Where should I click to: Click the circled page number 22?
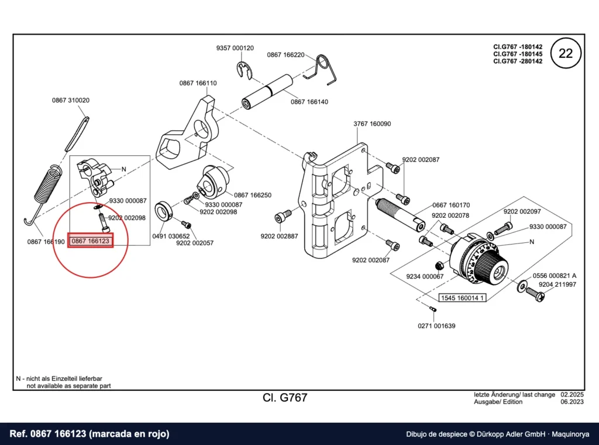(x=566, y=53)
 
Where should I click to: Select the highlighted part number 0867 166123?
(x=91, y=241)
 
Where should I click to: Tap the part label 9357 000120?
(x=235, y=48)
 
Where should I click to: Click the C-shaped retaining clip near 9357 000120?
(x=244, y=69)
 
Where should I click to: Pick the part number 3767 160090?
(x=372, y=124)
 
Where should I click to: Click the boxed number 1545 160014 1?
(x=462, y=298)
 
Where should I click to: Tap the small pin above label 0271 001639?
(x=433, y=308)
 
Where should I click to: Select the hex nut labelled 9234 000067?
(x=439, y=265)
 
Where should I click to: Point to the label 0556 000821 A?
(x=555, y=276)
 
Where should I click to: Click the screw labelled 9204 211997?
(x=535, y=294)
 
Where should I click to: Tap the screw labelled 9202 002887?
(x=283, y=217)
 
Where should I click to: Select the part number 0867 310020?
(x=71, y=100)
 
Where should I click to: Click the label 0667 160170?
(x=451, y=205)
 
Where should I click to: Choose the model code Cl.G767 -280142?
(x=518, y=61)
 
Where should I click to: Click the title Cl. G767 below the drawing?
(x=285, y=398)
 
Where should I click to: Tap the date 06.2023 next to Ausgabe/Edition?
(x=572, y=402)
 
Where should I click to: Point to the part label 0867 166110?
(x=198, y=83)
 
